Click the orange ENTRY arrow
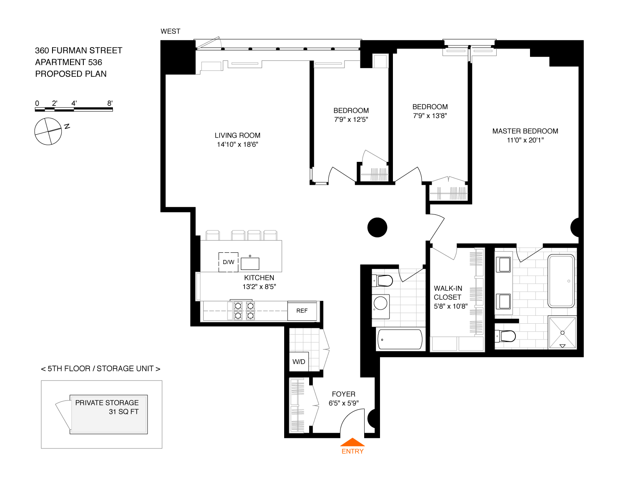coord(352,442)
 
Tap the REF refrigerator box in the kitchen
coord(302,311)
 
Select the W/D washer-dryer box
coord(299,362)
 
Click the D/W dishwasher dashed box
coord(228,262)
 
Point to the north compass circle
coord(48,131)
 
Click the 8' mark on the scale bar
coord(110,103)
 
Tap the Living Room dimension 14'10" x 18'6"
coord(237,145)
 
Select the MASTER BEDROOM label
coord(525,131)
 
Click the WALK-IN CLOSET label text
coord(448,293)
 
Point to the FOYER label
coord(343,394)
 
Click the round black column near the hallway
coord(377,227)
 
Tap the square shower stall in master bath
coord(562,332)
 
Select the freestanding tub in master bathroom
coord(561,281)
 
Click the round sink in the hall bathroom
coord(380,303)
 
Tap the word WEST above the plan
coord(170,31)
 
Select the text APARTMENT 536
coord(68,62)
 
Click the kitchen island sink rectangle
coord(250,264)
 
